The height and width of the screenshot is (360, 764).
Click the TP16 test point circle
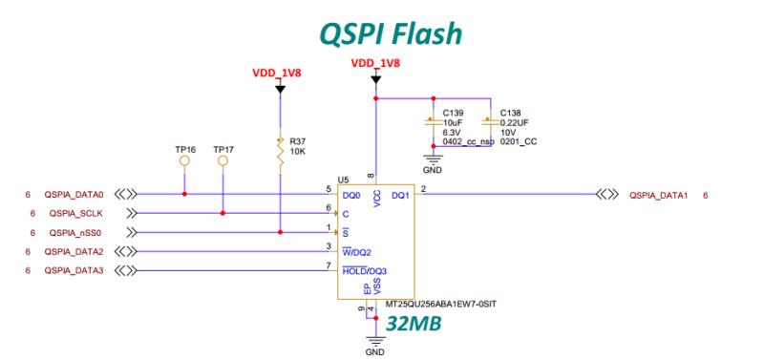(x=184, y=161)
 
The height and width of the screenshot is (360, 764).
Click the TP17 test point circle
(x=223, y=161)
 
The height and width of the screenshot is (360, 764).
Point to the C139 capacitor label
(x=453, y=112)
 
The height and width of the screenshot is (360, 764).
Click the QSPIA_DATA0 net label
(x=75, y=194)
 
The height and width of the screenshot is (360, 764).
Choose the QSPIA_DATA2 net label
(x=75, y=251)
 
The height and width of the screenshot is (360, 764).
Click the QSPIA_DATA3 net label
(x=75, y=270)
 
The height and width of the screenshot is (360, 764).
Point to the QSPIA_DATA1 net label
(x=659, y=194)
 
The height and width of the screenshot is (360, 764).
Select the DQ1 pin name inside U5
(x=400, y=195)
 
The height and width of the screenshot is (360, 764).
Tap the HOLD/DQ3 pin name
(x=364, y=271)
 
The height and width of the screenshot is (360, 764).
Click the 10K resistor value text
(x=296, y=152)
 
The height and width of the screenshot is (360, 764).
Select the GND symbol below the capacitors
(x=433, y=164)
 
